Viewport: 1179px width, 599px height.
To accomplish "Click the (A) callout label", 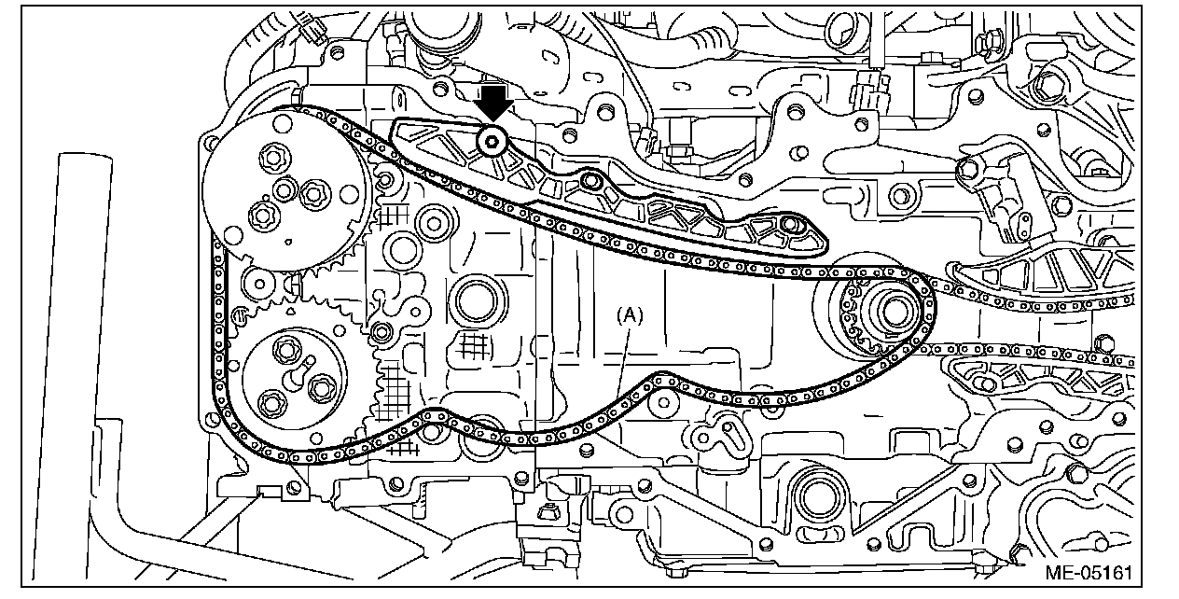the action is tap(630, 315).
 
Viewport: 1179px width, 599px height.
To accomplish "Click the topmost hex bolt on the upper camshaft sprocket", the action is tap(276, 157).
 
